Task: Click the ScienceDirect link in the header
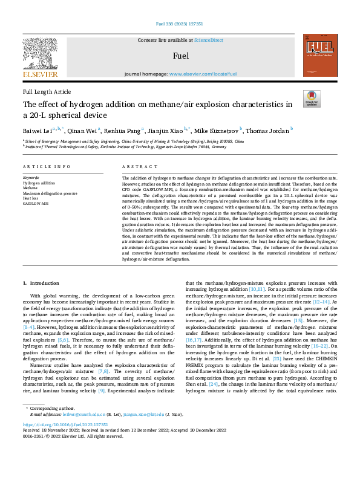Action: coord(208,40)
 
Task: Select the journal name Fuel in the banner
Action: coord(180,56)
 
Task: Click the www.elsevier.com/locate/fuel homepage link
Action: coord(203,74)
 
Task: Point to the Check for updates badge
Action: coord(312,99)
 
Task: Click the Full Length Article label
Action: coord(47,92)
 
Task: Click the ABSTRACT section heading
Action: coord(136,166)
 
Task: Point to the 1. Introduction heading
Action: coord(41,283)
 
